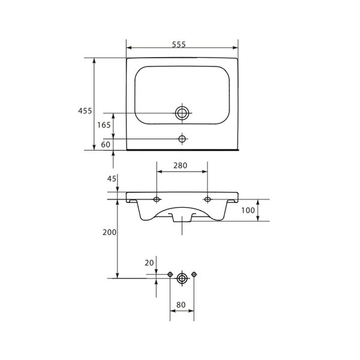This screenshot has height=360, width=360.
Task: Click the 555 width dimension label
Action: coord(179,44)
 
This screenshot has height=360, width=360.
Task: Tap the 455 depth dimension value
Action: coord(85,111)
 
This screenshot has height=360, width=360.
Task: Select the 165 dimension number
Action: coord(104,125)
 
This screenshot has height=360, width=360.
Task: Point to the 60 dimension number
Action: coord(106,145)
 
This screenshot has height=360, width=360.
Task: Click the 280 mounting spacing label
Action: coord(180,166)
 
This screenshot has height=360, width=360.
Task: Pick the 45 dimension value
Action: coord(112,179)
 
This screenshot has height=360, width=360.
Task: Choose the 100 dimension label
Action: coord(248,210)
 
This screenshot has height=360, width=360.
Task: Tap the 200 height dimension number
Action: coord(110,232)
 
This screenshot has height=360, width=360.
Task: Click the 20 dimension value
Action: coord(149,263)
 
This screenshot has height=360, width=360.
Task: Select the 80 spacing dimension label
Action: coord(181,305)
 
